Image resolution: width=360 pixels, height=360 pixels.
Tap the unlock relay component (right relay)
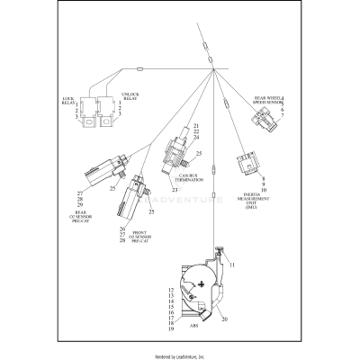[103, 115]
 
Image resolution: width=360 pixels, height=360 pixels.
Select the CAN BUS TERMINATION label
[190, 178]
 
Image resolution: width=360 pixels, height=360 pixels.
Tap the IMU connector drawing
[246, 166]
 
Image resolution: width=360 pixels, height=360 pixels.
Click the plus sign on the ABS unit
[202, 283]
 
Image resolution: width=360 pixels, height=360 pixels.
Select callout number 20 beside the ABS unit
[224, 319]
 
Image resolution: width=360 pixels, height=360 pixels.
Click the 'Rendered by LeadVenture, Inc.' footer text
[180, 354]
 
